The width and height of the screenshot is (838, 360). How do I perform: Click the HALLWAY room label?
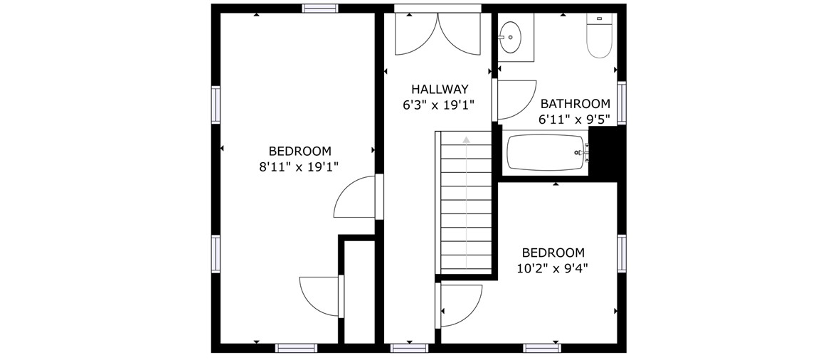[x=440, y=89]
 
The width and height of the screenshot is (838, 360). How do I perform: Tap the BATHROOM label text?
[x=575, y=104]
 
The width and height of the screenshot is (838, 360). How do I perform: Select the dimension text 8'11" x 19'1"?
[x=299, y=167]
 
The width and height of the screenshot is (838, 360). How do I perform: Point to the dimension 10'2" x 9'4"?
[x=553, y=269]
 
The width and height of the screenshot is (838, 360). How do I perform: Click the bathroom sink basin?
[x=510, y=38]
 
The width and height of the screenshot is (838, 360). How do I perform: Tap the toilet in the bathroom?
[x=599, y=36]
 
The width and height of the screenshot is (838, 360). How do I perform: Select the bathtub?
[x=545, y=153]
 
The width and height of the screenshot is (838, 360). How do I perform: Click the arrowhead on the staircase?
[x=466, y=139]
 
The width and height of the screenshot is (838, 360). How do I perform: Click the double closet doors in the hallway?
[x=437, y=34]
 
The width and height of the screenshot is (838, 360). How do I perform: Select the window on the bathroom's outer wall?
[x=622, y=103]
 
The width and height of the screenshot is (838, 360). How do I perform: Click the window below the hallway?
[x=409, y=348]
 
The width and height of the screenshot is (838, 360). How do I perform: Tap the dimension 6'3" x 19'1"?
[x=439, y=105]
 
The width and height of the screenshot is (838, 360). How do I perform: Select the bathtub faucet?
[x=583, y=153]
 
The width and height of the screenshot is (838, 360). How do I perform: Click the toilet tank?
[x=599, y=18]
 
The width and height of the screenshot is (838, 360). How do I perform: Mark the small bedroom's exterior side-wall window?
[x=622, y=254]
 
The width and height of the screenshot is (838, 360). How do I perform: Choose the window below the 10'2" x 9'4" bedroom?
[x=542, y=348]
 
